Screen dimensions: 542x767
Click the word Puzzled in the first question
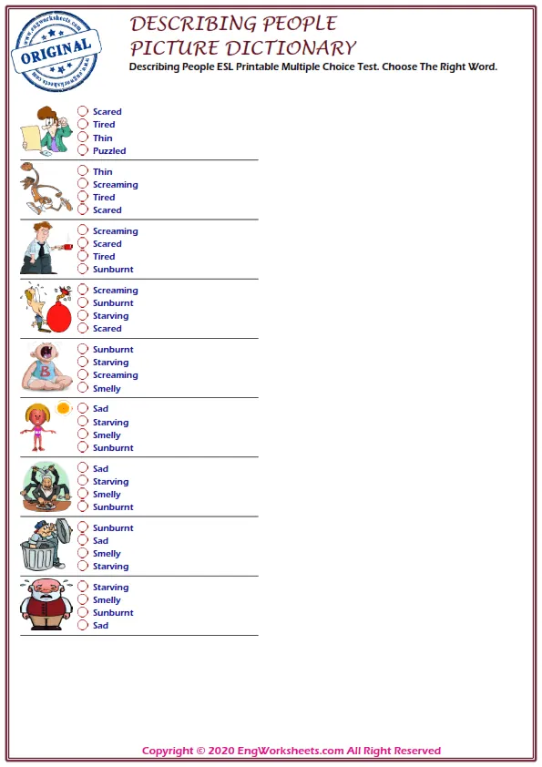[109, 151]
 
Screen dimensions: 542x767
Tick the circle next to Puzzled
[83, 150]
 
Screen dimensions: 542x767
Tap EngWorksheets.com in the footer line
[292, 752]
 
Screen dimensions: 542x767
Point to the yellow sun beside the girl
[63, 409]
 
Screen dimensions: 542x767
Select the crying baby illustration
[42, 366]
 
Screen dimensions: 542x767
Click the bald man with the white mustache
[42, 604]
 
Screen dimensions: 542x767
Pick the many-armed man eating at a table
[45, 486]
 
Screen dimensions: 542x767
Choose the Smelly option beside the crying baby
[107, 389]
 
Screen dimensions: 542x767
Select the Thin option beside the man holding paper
[103, 138]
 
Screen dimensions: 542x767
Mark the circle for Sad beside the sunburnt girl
[83, 409]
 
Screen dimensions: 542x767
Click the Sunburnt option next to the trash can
[113, 528]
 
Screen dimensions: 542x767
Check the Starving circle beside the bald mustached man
[83, 588]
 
